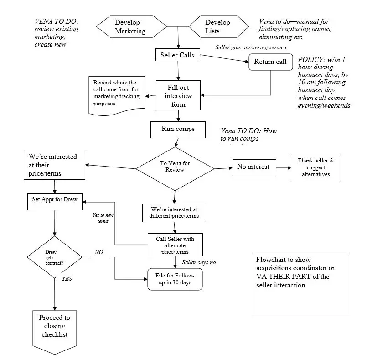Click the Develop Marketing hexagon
click(130, 27)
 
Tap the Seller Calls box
click(177, 56)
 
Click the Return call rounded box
click(270, 62)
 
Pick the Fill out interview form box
click(178, 95)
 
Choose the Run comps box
click(178, 129)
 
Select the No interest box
click(253, 167)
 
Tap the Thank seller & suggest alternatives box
click(316, 167)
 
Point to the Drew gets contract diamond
click(54, 257)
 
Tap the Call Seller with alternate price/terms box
click(175, 244)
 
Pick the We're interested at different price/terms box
click(175, 212)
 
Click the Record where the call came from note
click(117, 94)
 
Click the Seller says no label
click(199, 262)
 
